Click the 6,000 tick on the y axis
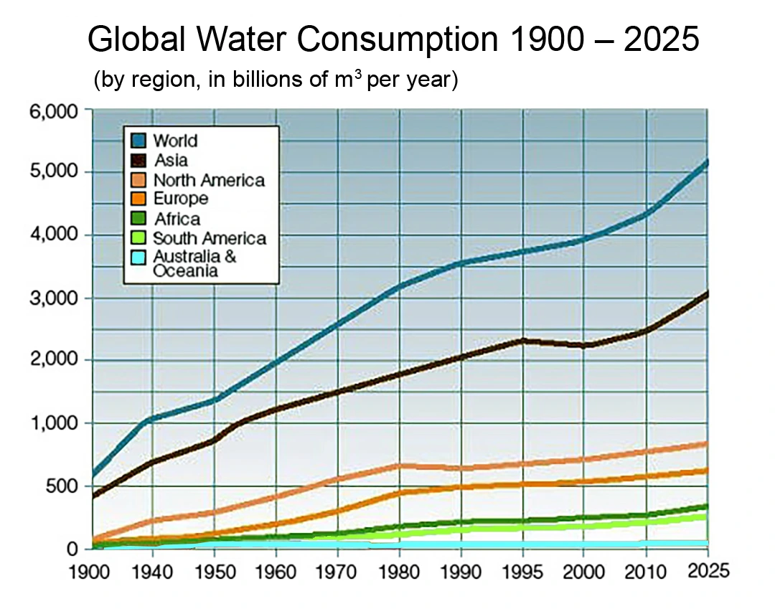pyautogui.click(x=57, y=111)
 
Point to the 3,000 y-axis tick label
pyautogui.click(x=57, y=298)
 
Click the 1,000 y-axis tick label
pyautogui.click(x=57, y=423)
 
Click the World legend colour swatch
pyautogui.click(x=139, y=141)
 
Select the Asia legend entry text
pyautogui.click(x=171, y=161)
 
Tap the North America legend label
pyautogui.click(x=209, y=180)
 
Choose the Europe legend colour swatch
pyautogui.click(x=139, y=199)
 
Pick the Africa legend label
pyautogui.click(x=177, y=219)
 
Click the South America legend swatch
pyautogui.click(x=139, y=238)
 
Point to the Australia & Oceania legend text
pyautogui.click(x=194, y=263)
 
